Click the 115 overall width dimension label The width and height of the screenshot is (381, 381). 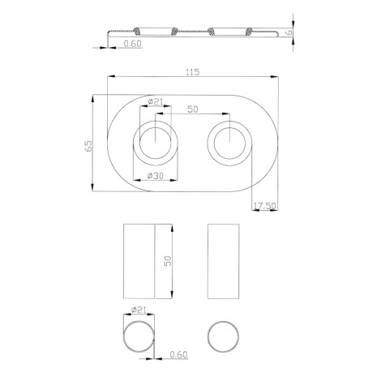[x=193, y=72]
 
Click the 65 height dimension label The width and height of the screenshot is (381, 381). [x=88, y=146]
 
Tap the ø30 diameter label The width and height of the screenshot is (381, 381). [x=156, y=176]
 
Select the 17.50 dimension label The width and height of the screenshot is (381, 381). [x=265, y=206]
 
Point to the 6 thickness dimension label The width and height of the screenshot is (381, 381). [x=289, y=32]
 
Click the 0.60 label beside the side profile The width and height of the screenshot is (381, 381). [x=133, y=44]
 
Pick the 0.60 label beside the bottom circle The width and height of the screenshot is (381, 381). [x=178, y=354]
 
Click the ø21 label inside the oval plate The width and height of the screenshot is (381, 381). [x=156, y=102]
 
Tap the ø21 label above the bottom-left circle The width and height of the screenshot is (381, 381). [x=139, y=310]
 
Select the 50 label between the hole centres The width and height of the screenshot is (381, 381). [x=193, y=109]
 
